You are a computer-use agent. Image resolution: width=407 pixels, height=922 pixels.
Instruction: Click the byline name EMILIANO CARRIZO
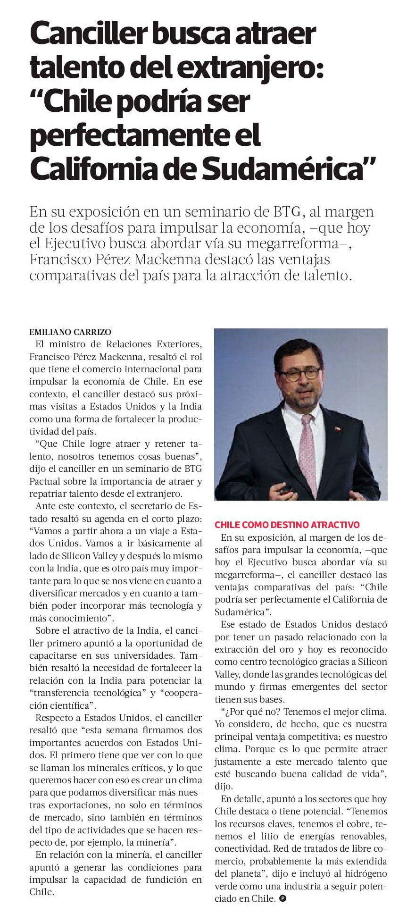[70, 332]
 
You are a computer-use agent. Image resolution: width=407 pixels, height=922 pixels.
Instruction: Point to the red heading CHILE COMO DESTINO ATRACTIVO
[287, 525]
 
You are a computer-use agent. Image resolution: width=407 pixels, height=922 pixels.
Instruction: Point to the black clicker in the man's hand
[287, 490]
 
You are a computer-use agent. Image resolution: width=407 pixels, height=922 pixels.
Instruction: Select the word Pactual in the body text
[43, 482]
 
